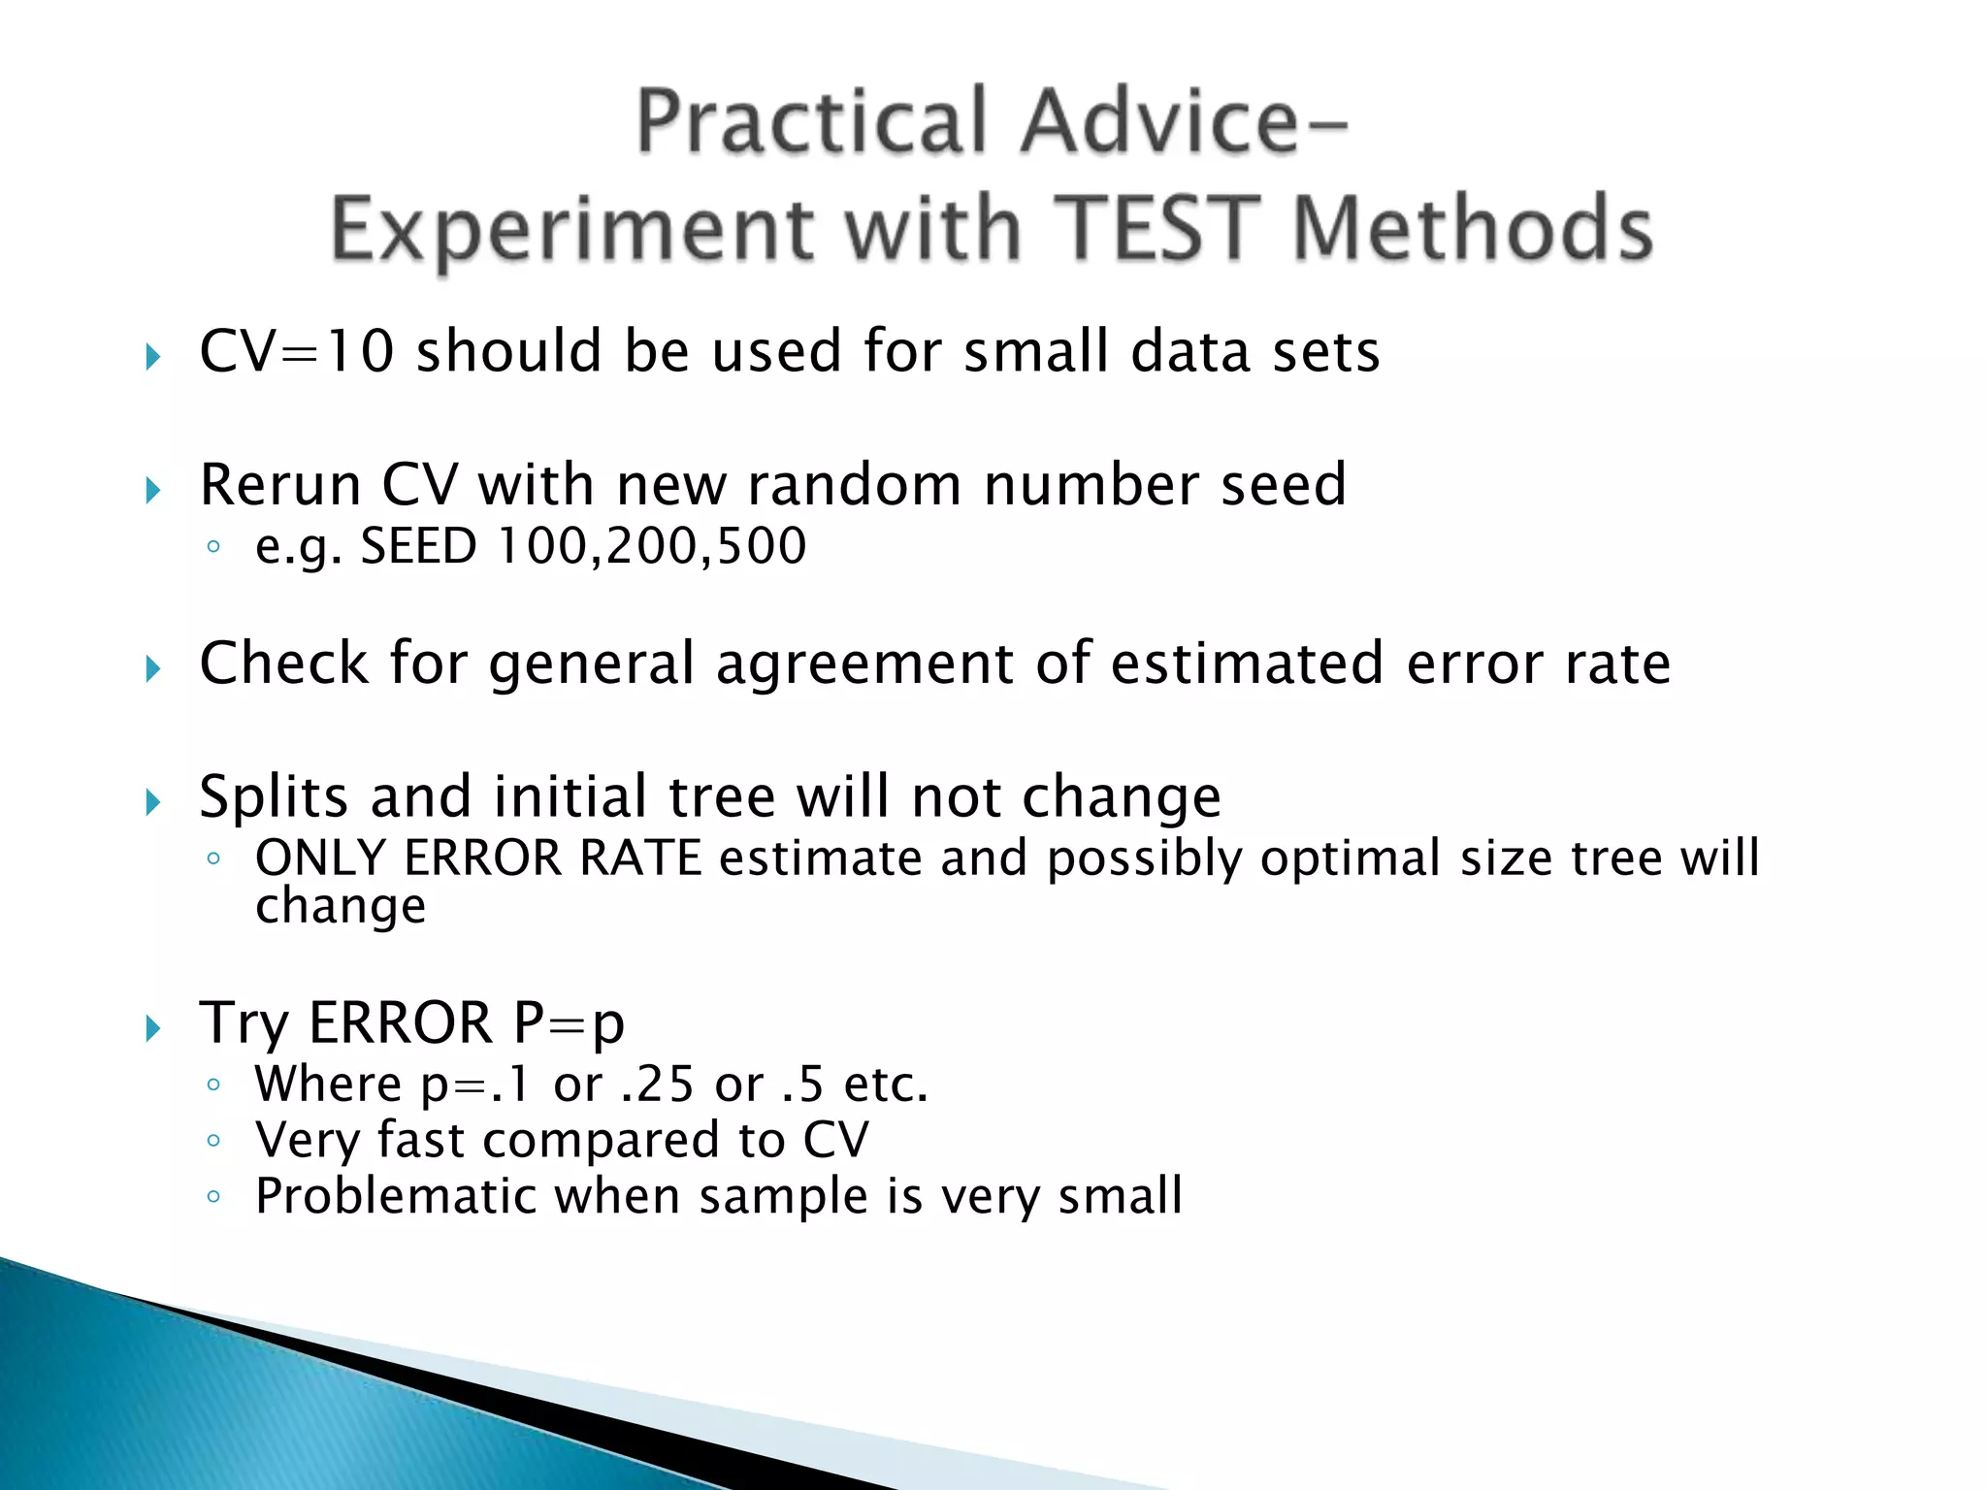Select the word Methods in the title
click(1472, 230)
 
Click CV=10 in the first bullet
click(296, 351)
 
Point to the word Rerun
click(279, 485)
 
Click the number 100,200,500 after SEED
click(651, 546)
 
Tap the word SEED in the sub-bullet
click(418, 546)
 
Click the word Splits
click(273, 797)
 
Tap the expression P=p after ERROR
click(569, 1023)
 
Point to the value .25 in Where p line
click(657, 1085)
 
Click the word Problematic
click(395, 1196)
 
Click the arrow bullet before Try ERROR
click(152, 1028)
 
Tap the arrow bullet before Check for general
click(152, 669)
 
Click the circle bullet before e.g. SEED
click(213, 548)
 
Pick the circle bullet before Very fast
click(213, 1142)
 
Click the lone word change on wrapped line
click(340, 907)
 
